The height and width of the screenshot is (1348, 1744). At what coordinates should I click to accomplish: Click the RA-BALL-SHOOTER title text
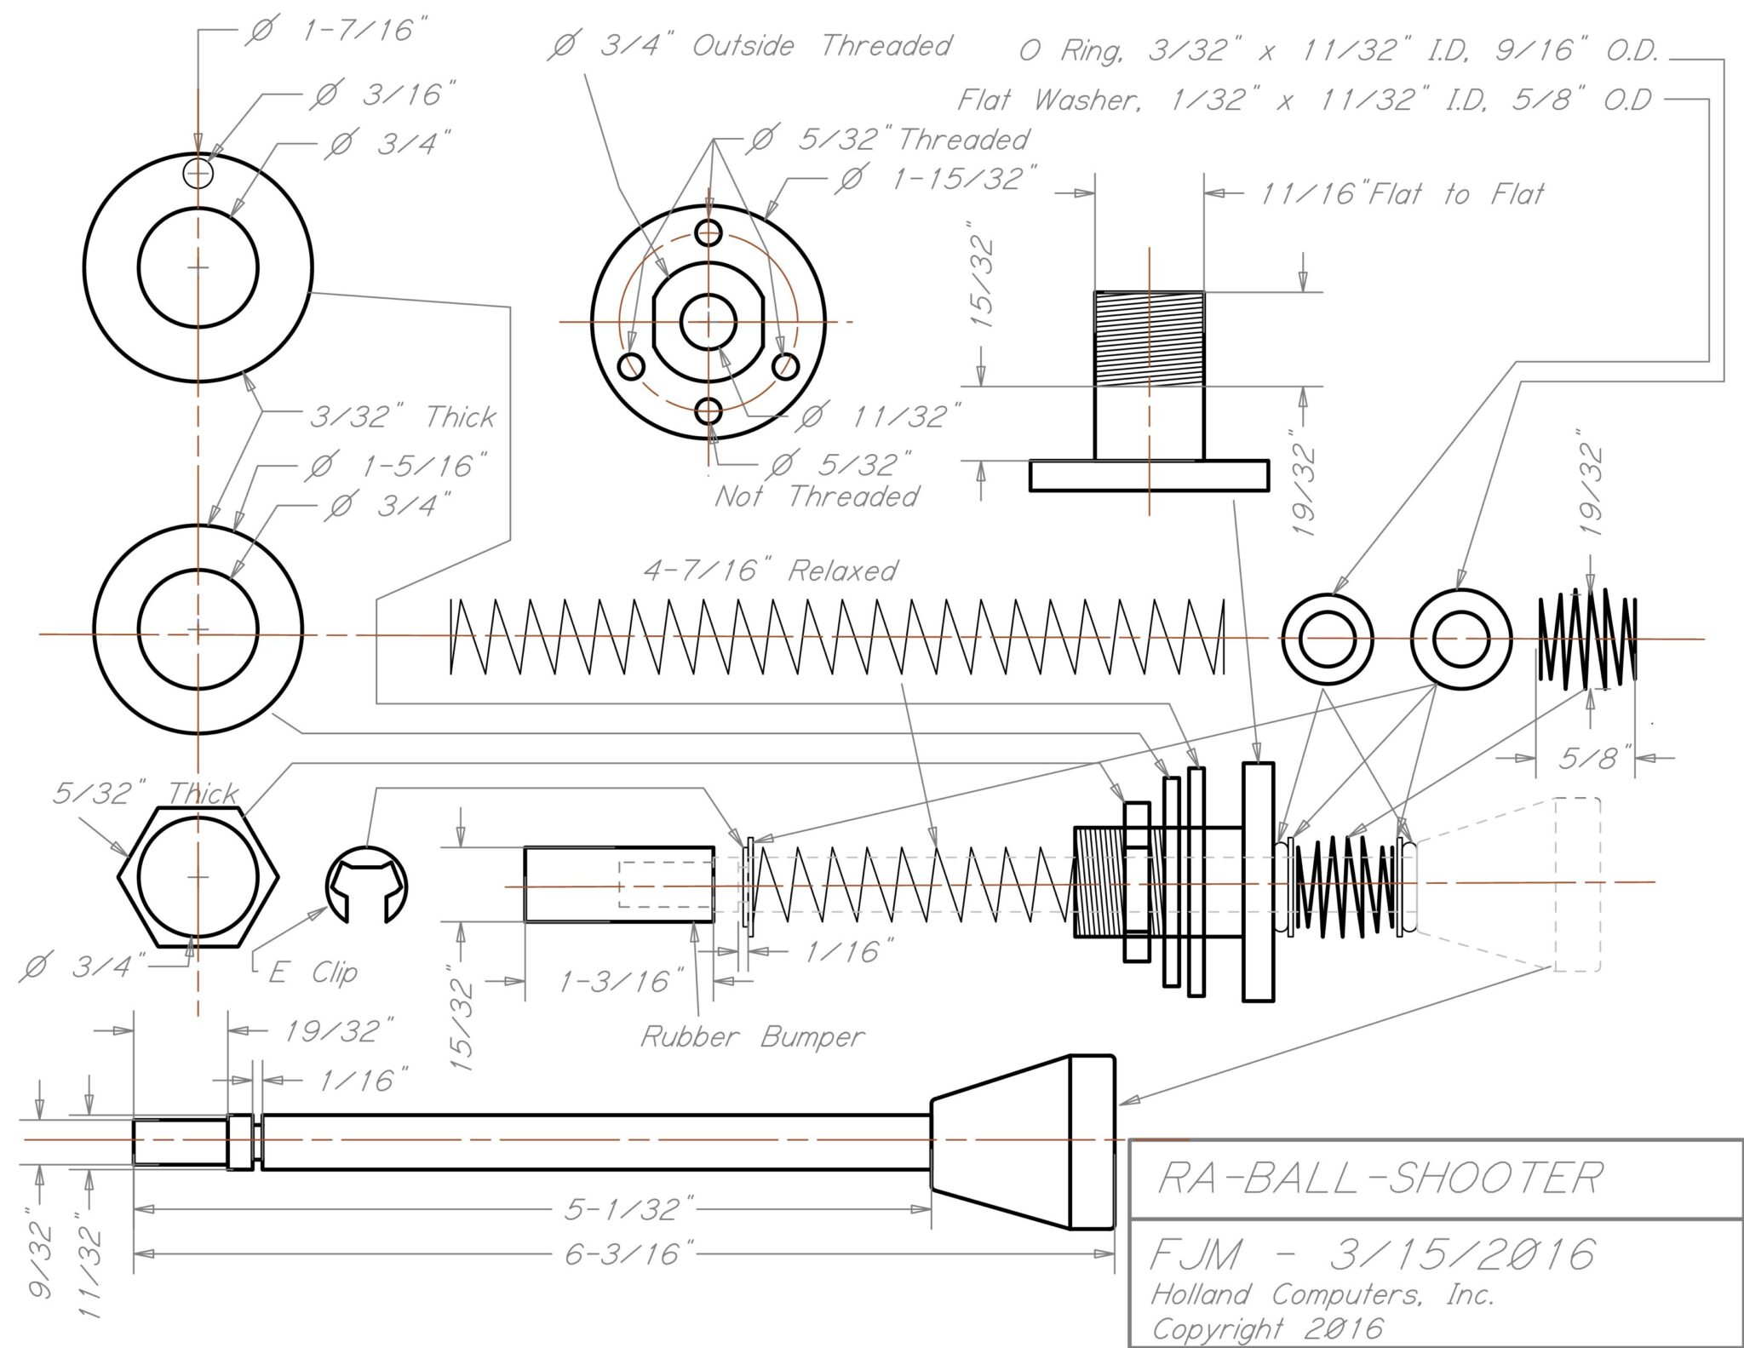(1380, 1178)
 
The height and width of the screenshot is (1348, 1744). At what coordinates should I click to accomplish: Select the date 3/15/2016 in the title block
(1461, 1254)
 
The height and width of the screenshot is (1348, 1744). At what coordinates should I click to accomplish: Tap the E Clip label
(313, 972)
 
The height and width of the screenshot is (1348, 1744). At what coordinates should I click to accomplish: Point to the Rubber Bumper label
(751, 1037)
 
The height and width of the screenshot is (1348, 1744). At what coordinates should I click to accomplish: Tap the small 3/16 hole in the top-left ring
(198, 173)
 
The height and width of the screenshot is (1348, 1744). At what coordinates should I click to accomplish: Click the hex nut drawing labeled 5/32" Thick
(198, 877)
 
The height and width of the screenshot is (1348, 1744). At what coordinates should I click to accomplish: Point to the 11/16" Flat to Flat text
(1401, 194)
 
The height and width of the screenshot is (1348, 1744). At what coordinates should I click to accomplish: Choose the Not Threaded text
(817, 496)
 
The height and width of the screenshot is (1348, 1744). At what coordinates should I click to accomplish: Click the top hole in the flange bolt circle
(709, 232)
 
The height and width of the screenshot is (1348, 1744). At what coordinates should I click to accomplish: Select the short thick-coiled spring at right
(1587, 638)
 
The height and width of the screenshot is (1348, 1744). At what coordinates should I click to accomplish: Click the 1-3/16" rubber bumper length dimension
(622, 982)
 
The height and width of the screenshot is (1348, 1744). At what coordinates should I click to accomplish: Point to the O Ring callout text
(1337, 51)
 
